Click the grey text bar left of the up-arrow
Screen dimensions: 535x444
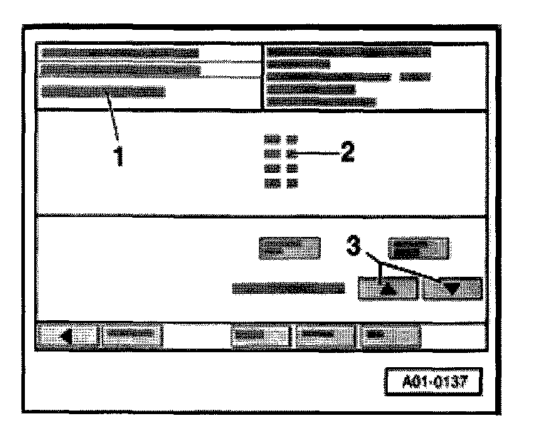coord(289,288)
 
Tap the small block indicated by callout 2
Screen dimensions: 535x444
coord(292,153)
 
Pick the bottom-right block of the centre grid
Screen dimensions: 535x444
coord(292,183)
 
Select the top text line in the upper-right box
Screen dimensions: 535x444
coord(349,52)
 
